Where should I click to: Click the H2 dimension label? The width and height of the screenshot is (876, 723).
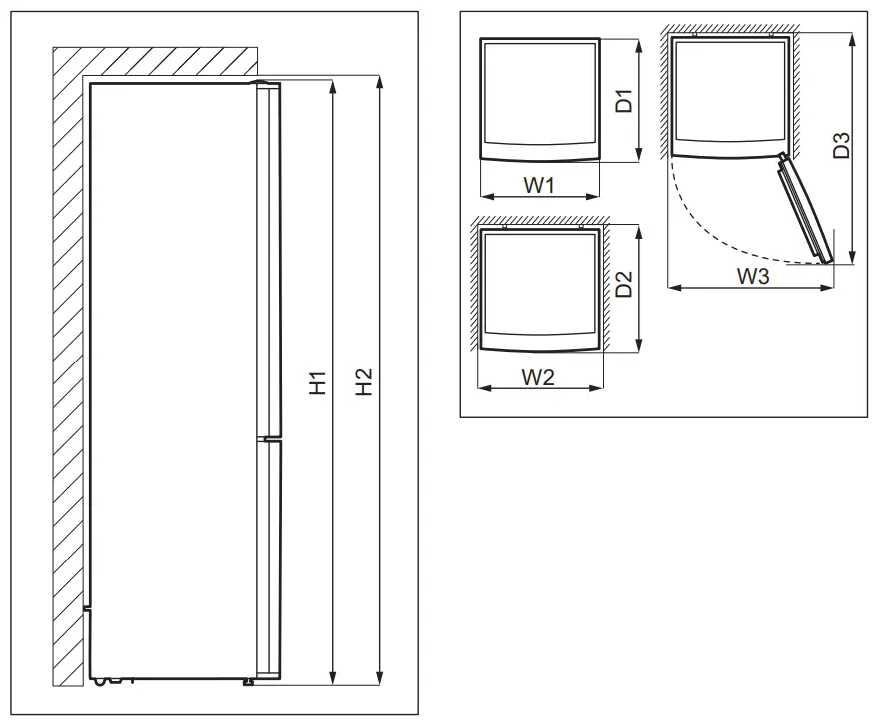point(365,382)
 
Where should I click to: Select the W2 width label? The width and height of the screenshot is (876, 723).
point(539,376)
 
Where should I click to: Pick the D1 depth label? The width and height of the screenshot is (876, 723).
point(624,100)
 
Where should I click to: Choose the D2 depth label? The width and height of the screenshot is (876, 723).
point(624,288)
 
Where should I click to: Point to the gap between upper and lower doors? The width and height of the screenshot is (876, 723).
point(268,437)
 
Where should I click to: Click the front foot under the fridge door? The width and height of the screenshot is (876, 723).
point(246,683)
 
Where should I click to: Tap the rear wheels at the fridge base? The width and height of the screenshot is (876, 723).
point(104,683)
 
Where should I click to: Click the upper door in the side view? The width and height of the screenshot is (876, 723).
point(268,260)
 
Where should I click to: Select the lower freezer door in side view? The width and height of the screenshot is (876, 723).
point(268,559)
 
